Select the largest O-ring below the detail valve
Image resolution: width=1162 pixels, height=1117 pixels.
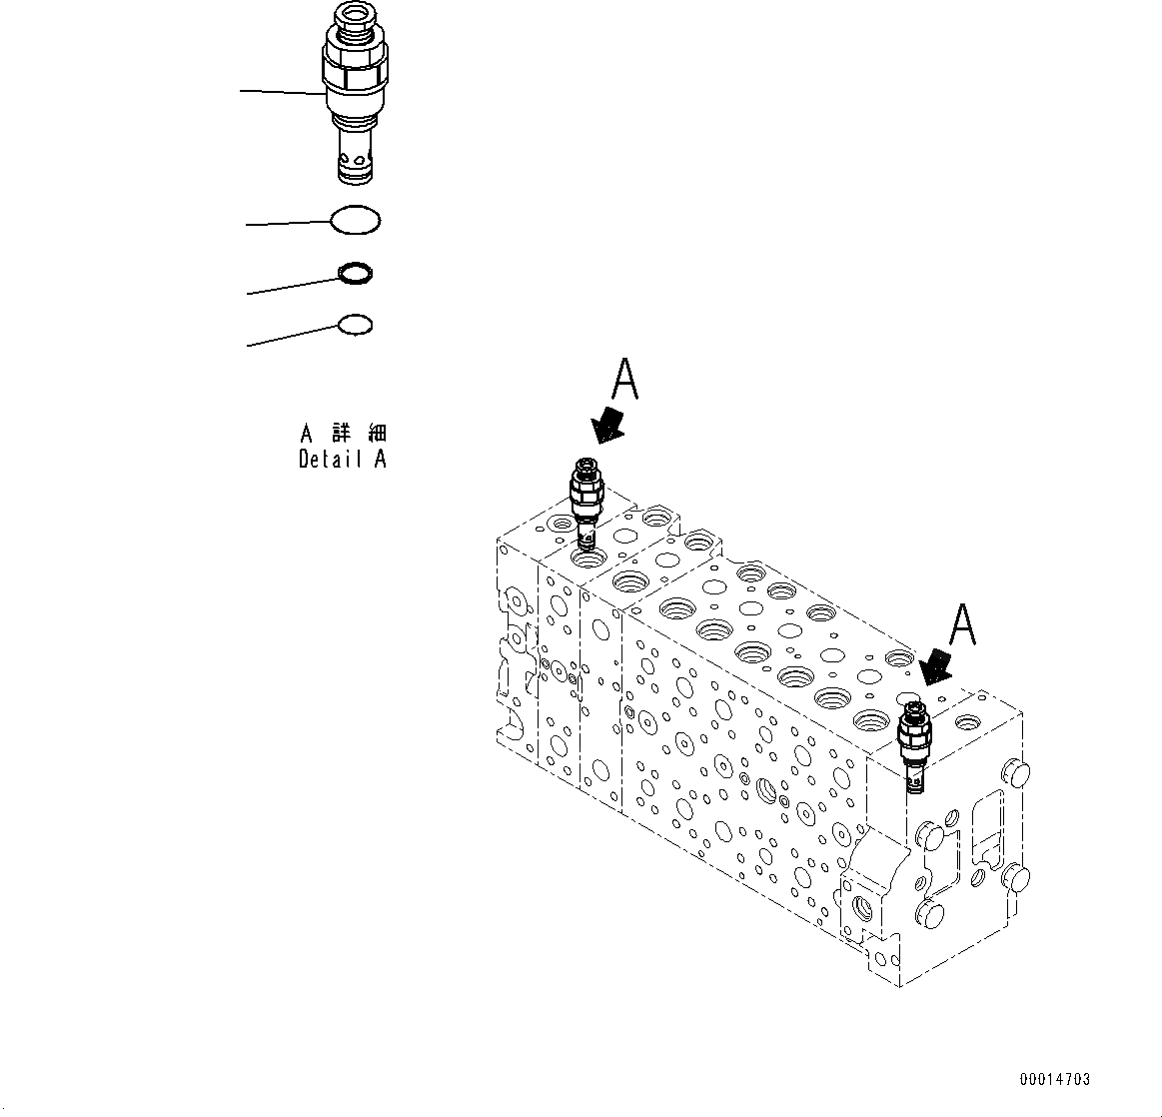coord(355,221)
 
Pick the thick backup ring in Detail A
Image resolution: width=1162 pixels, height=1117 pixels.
coord(356,272)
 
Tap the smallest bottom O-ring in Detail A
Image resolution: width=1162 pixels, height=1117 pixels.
coord(355,325)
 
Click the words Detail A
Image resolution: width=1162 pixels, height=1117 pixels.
coord(342,460)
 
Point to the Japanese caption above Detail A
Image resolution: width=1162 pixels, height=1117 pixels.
coord(343,434)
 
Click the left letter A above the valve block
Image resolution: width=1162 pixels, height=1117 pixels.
coord(624,382)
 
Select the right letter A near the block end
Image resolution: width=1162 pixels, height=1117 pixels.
coord(960,625)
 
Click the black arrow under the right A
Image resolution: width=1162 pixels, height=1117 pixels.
coord(936,666)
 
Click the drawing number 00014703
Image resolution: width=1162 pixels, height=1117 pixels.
coord(1055,1079)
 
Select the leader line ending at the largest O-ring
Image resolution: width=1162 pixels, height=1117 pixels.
coord(290,224)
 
